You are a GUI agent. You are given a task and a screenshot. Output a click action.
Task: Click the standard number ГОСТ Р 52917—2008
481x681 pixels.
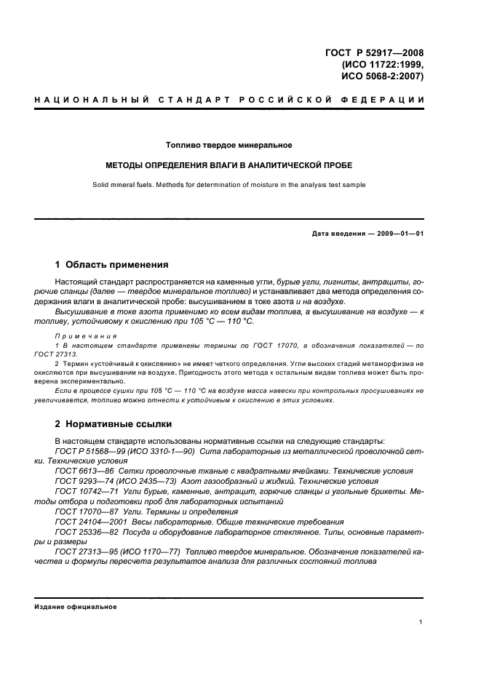(x=373, y=52)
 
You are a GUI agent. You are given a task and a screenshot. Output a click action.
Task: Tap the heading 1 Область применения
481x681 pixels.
(x=112, y=265)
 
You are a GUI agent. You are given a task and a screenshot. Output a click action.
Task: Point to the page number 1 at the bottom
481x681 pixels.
(x=421, y=622)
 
